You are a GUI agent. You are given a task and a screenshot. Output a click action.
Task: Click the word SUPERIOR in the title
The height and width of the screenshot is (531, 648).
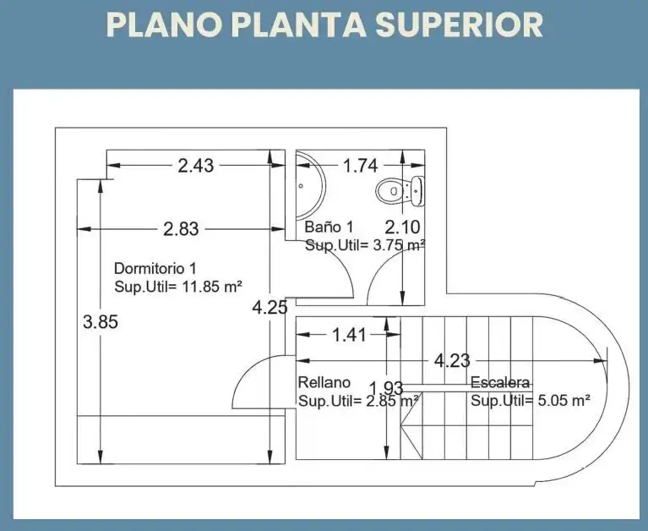click(x=459, y=25)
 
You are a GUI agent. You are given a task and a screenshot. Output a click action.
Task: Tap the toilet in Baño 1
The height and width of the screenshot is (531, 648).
click(x=400, y=190)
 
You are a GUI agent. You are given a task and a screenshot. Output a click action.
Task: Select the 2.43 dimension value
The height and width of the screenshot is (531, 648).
click(x=196, y=166)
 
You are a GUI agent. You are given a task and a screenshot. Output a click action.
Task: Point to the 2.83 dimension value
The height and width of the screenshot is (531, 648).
click(x=181, y=228)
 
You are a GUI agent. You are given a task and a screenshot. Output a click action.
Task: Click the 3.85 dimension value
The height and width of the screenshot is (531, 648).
click(x=101, y=321)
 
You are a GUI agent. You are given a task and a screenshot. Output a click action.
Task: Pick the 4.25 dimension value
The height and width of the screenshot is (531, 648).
click(x=270, y=308)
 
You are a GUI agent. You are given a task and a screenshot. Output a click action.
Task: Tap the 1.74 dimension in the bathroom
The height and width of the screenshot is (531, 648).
click(x=361, y=166)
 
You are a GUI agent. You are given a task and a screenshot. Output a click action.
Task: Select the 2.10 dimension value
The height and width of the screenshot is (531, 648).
click(x=402, y=227)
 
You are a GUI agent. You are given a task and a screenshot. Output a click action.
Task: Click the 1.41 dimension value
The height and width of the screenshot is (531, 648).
click(x=349, y=335)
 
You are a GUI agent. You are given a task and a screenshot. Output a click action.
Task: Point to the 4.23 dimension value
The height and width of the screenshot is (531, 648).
click(x=452, y=361)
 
